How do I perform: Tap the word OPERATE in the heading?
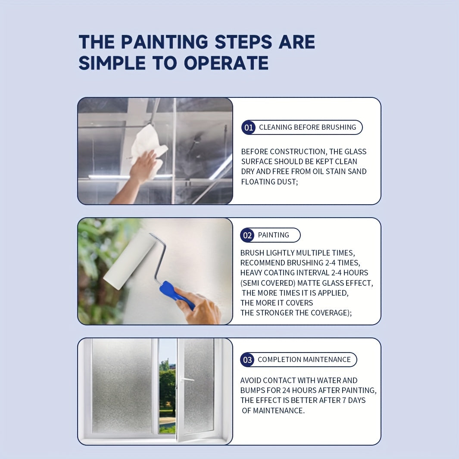pyautogui.click(x=226, y=63)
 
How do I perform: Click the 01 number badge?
pyautogui.click(x=248, y=128)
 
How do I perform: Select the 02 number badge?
pyautogui.click(x=247, y=235)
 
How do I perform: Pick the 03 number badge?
pyautogui.click(x=247, y=360)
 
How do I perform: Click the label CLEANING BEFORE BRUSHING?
pyautogui.click(x=307, y=127)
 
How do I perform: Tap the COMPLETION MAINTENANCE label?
pyautogui.click(x=304, y=359)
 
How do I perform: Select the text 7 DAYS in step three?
pyautogui.click(x=351, y=400)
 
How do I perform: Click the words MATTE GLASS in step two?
pyautogui.click(x=324, y=283)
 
